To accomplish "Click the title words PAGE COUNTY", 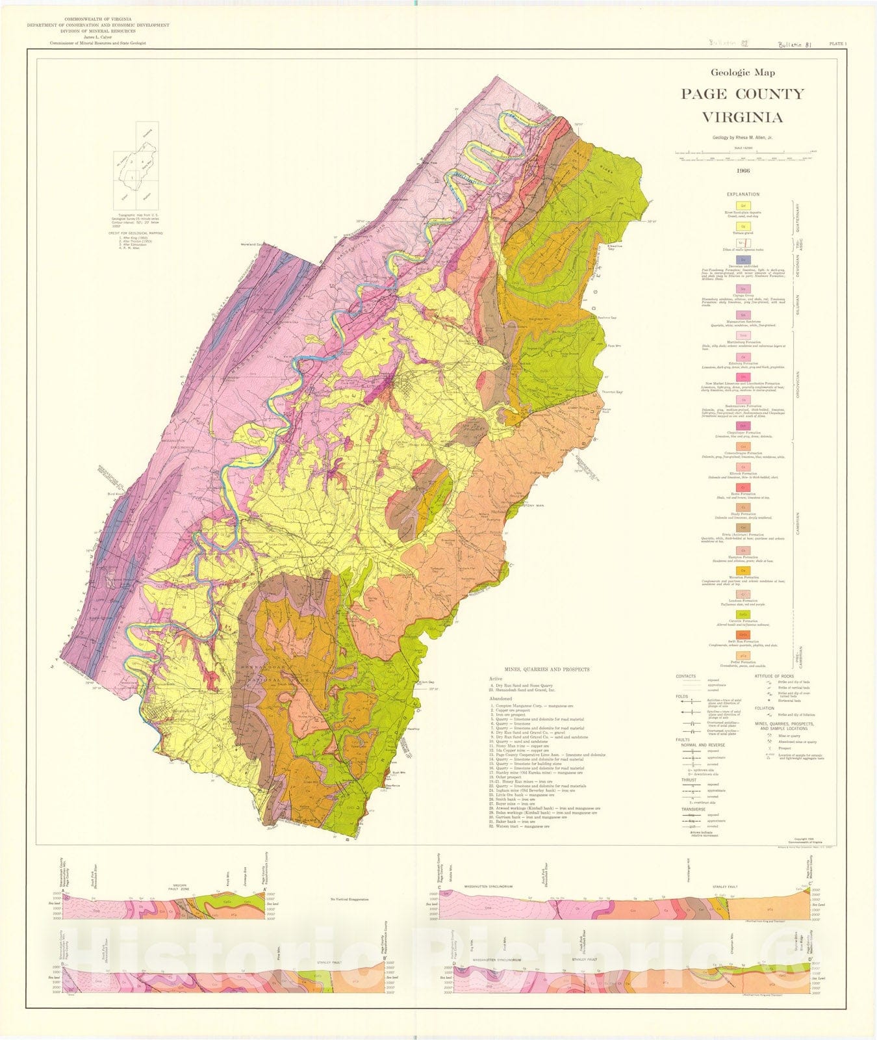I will click(x=742, y=94).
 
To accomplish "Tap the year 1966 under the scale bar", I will click(x=743, y=171).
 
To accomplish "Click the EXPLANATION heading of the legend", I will click(x=743, y=194).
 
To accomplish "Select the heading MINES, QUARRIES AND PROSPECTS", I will click(x=542, y=669).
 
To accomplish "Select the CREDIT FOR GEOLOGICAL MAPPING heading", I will click(x=136, y=233).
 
